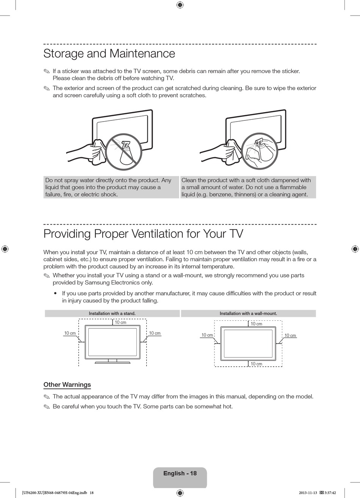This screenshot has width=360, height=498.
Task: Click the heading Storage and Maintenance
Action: tap(109, 53)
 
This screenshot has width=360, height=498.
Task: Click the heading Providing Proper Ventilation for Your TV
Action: tap(143, 234)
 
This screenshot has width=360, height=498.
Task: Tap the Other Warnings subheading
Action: tap(67, 384)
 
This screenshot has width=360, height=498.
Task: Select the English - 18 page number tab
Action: tap(180, 473)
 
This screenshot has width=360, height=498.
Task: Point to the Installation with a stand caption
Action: tap(112, 314)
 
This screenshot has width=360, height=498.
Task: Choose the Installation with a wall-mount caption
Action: tap(248, 314)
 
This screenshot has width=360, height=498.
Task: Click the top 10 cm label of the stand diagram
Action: tap(121, 323)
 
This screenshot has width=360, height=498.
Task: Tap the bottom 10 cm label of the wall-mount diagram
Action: tap(257, 364)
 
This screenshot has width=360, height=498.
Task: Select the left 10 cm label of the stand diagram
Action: tap(70, 333)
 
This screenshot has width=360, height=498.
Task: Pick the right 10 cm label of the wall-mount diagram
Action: tap(290, 336)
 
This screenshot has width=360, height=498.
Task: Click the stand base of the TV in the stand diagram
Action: tap(112, 362)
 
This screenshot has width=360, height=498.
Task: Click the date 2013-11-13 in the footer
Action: tap(308, 493)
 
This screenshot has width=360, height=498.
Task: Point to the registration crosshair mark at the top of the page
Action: tap(180, 5)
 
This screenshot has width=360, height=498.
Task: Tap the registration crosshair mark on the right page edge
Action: tap(355, 249)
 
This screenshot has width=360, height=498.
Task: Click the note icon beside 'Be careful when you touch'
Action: tap(47, 407)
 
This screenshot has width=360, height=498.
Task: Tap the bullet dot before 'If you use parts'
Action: tap(56, 293)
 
